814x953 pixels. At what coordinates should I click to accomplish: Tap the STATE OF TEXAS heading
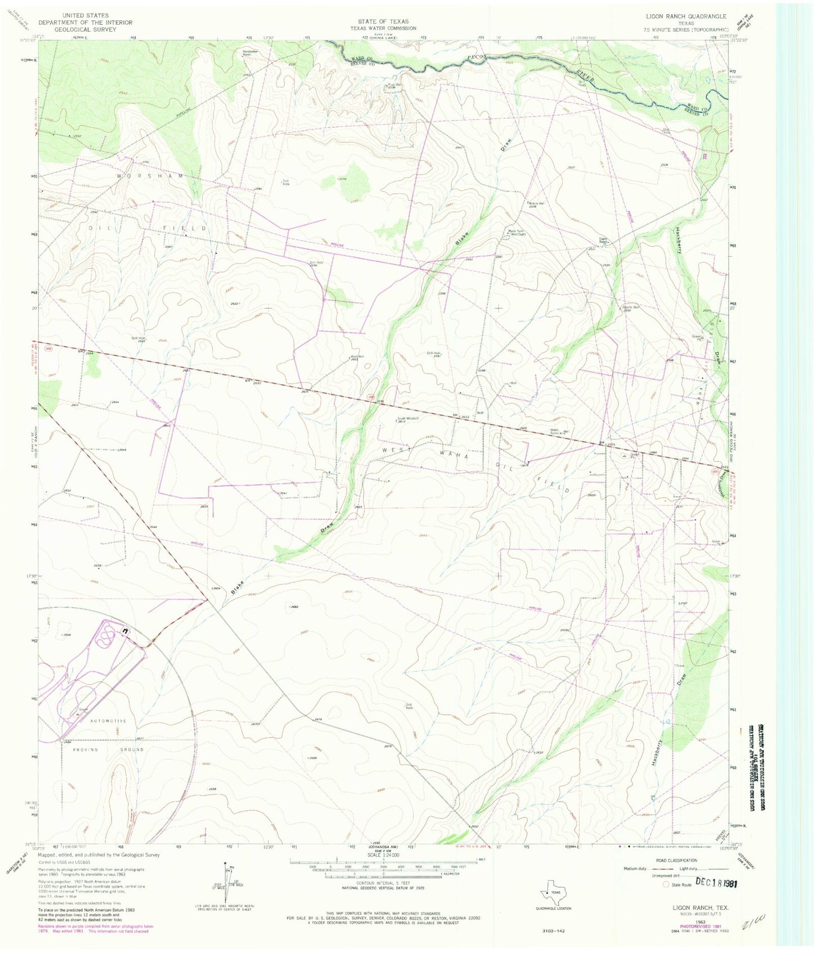(383, 21)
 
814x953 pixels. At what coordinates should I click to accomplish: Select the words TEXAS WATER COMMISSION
(383, 28)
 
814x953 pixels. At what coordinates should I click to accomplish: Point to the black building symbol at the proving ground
(124, 632)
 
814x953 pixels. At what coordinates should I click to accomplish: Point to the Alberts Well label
(631, 307)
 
